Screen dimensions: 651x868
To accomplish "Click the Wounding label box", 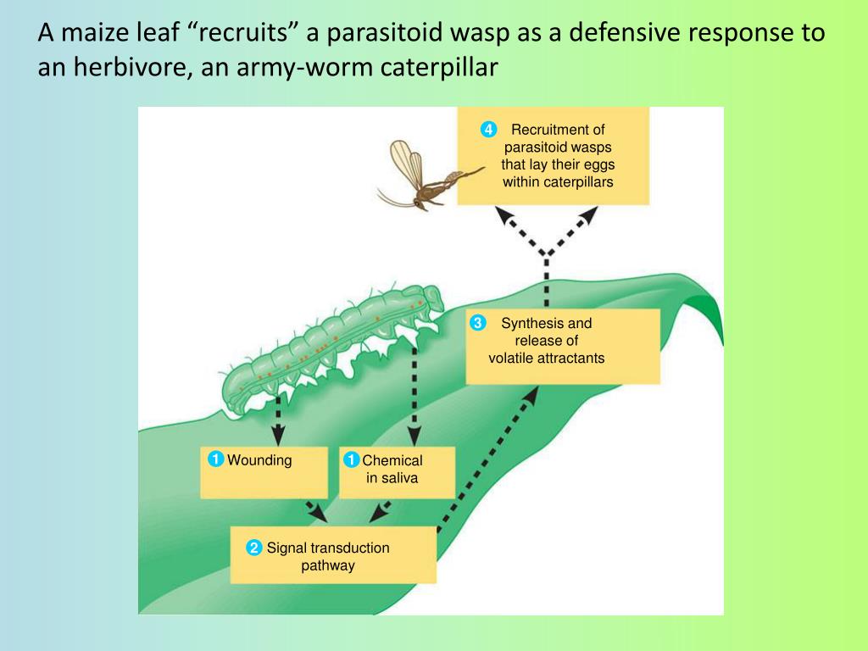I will point(264,472).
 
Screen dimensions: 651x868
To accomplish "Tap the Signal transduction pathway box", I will point(333,556).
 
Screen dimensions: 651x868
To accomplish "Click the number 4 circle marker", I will point(487,130).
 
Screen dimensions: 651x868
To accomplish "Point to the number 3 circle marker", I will point(478,323).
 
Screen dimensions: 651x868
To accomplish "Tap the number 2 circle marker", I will point(253,548).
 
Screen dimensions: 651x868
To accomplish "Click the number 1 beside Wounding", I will point(216,460).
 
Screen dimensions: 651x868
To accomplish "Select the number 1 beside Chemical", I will point(351,460).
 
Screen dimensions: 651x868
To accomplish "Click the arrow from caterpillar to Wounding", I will point(278,416).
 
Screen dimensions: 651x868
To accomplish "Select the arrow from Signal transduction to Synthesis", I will point(487,462).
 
